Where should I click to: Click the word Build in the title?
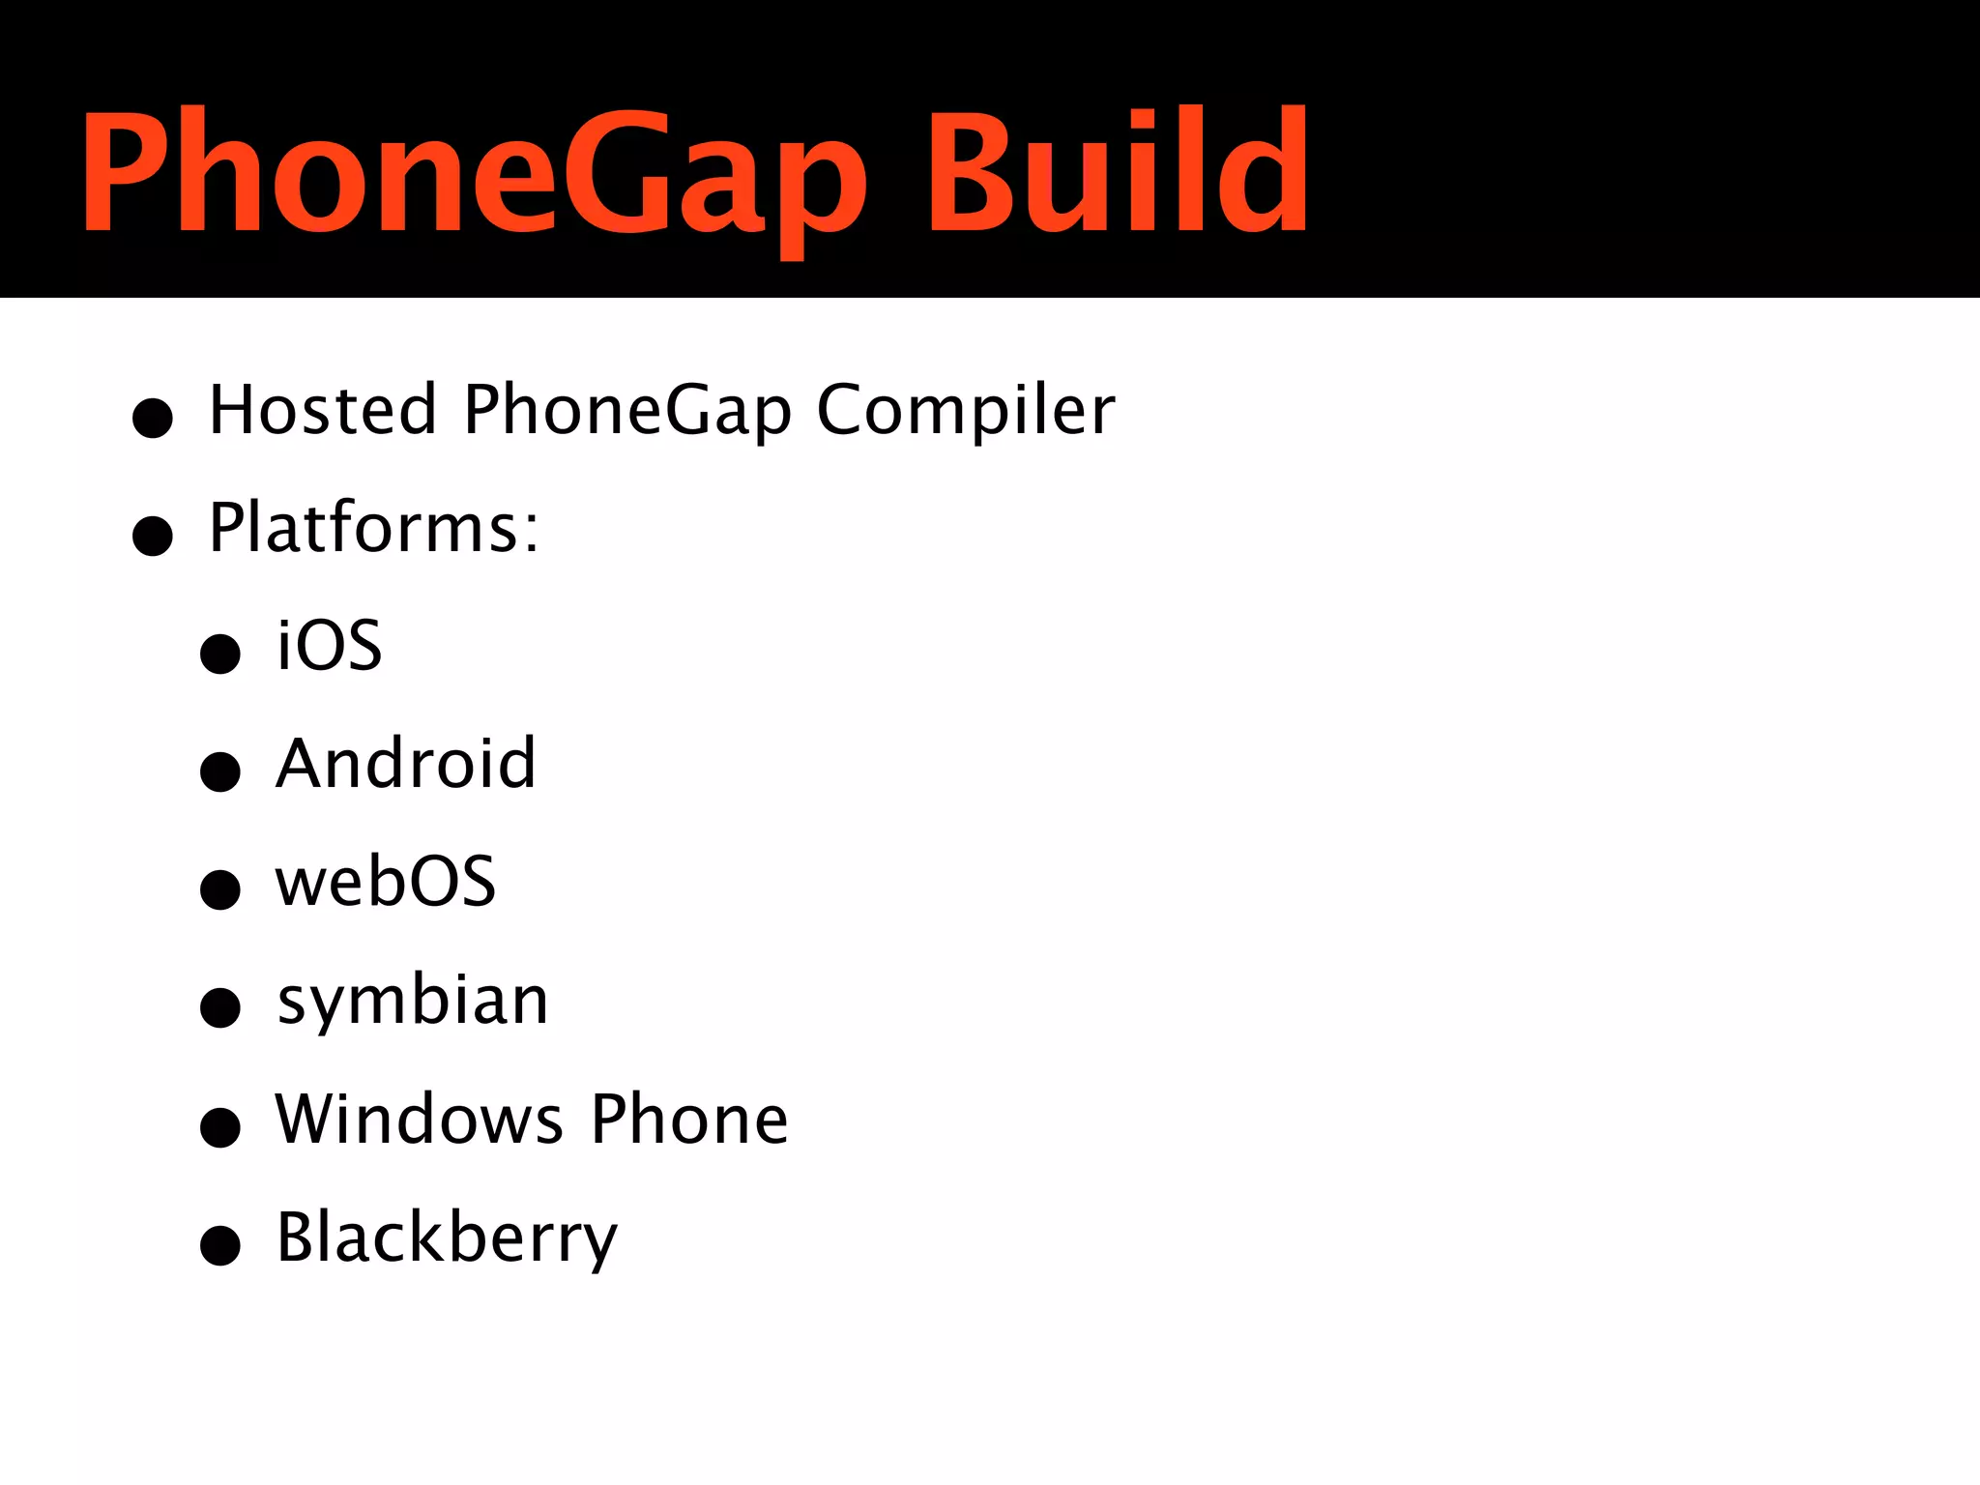click(1117, 172)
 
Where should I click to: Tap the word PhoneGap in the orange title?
click(474, 174)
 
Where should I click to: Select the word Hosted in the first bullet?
click(323, 410)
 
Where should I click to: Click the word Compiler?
click(966, 410)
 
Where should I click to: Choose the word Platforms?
click(374, 528)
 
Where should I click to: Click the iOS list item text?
click(330, 645)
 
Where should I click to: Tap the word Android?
click(406, 764)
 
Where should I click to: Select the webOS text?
click(386, 882)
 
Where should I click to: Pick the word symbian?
click(413, 1002)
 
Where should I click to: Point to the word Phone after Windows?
click(689, 1119)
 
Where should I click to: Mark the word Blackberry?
click(447, 1238)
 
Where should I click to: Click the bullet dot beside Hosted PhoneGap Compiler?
click(153, 418)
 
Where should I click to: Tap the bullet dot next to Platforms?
click(153, 536)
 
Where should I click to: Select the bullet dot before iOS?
click(220, 654)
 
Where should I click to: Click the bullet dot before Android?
click(220, 772)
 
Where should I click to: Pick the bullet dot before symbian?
click(220, 1007)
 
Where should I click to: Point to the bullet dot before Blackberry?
click(220, 1244)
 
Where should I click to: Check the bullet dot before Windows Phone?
click(220, 1126)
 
